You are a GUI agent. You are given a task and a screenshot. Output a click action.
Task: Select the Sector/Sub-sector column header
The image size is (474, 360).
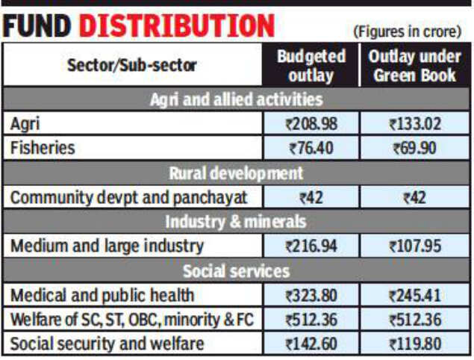click(x=132, y=65)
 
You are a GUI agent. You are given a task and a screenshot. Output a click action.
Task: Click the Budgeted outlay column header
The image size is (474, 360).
click(x=311, y=65)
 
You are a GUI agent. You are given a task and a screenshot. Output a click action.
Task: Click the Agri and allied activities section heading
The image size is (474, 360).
click(x=236, y=99)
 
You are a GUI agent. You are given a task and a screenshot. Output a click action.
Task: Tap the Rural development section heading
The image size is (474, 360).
click(x=236, y=173)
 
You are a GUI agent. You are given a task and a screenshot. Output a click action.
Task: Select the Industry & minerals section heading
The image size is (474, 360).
click(x=236, y=222)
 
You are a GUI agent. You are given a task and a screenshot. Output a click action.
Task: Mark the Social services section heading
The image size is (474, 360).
click(x=236, y=270)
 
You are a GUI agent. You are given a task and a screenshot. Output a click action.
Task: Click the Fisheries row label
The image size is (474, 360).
click(x=43, y=148)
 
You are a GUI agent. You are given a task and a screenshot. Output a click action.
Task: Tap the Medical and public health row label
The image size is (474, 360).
click(x=102, y=295)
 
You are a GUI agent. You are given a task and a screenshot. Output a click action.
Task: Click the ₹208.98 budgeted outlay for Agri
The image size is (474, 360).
click(x=311, y=124)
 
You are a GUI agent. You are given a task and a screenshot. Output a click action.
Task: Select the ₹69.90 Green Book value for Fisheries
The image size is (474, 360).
click(x=414, y=149)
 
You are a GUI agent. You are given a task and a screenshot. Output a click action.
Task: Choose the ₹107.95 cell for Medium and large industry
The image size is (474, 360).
click(x=414, y=246)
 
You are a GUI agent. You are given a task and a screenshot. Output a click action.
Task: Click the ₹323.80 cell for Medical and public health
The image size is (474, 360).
click(x=311, y=295)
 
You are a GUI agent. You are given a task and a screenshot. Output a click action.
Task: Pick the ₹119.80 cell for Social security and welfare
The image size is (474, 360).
click(x=414, y=344)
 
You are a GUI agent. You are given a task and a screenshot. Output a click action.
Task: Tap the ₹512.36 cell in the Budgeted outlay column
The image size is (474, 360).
click(x=311, y=320)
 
